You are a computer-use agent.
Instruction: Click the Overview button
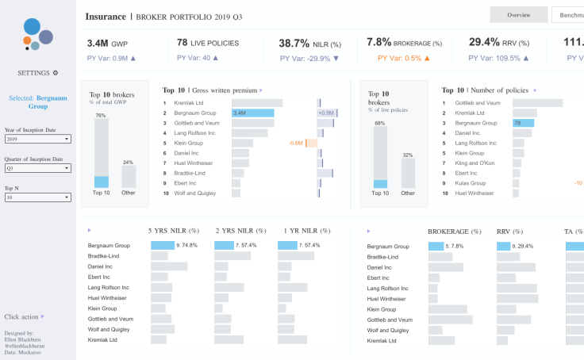pos(518,15)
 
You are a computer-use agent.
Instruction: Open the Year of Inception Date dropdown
pos(37,139)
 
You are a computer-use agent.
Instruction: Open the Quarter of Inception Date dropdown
pos(37,168)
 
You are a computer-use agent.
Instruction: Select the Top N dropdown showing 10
pos(37,197)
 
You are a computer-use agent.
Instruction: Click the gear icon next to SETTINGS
pos(55,73)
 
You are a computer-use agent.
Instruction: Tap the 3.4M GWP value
pos(107,43)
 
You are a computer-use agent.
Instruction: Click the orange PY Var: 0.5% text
pos(404,58)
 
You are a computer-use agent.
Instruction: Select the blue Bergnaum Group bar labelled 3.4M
pos(253,113)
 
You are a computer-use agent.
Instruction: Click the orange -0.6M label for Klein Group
pos(296,143)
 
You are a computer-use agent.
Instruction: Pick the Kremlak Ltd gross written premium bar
pos(257,103)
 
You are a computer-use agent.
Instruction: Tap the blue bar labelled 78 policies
pos(523,123)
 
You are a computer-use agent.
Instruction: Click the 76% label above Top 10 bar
pos(101,115)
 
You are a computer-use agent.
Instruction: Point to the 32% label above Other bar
pos(408,155)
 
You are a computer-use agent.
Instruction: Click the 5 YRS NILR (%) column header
pos(172,231)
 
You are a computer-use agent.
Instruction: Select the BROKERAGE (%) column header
pos(454,232)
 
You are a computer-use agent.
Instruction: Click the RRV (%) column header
pos(512,232)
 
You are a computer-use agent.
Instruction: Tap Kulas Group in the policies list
pos(470,183)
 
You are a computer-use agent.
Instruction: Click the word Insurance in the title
pos(106,15)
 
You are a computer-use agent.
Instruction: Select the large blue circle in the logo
pos(32,26)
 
